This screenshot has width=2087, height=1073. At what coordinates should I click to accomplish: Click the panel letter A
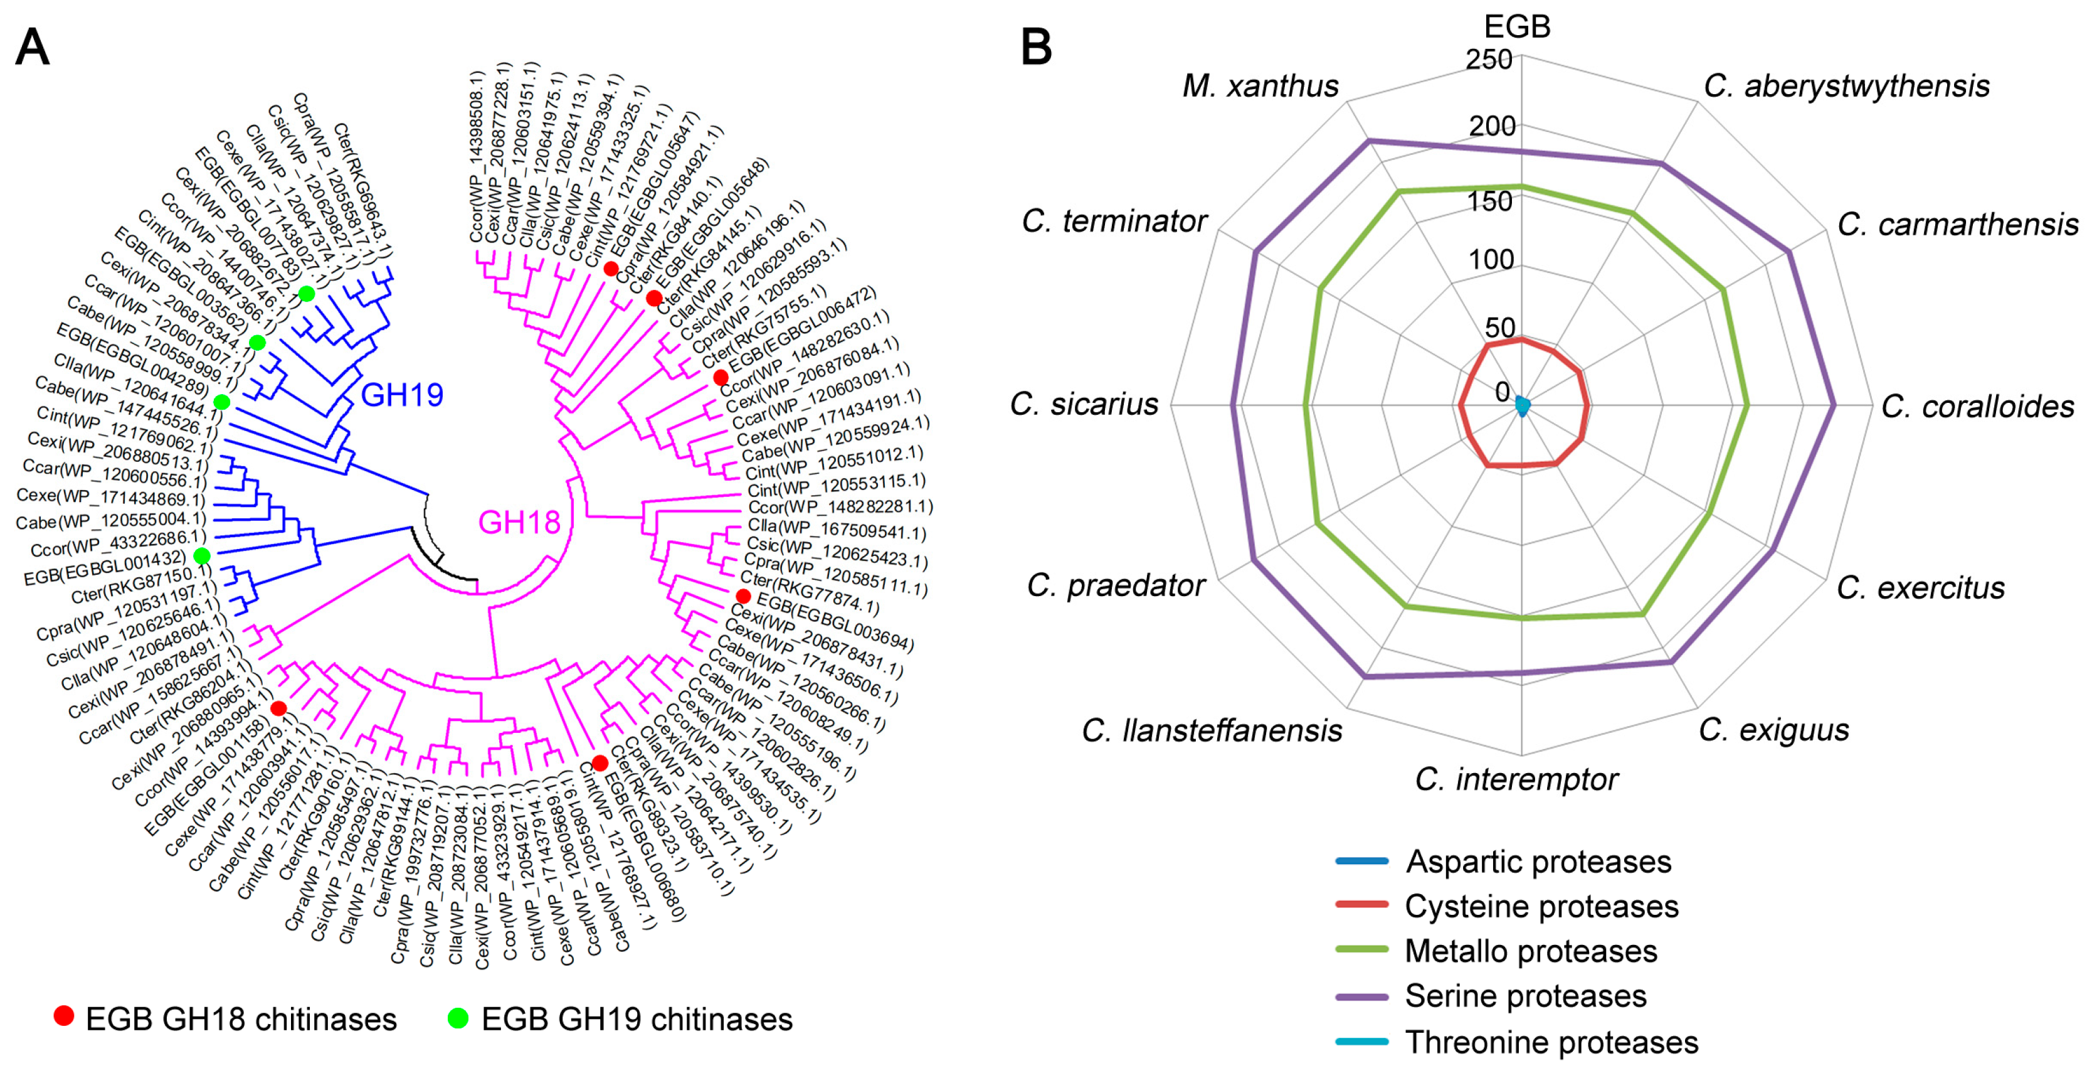33,47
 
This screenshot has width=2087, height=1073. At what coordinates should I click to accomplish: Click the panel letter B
1036,47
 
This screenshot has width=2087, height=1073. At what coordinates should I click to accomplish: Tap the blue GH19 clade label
402,395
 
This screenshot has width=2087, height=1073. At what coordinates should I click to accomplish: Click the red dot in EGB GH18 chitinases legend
63,1017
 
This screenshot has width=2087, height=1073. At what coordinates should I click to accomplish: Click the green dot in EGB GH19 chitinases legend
458,1018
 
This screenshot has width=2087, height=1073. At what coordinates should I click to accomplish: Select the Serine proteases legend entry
1524,996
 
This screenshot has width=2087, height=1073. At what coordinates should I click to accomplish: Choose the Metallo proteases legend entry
1530,951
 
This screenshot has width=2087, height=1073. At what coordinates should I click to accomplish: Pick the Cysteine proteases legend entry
1541,907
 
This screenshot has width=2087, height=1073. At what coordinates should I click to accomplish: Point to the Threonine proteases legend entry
1551,1042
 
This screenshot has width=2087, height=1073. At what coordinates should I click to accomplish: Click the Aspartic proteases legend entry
1538,862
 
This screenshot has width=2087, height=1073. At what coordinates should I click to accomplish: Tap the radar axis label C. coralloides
1977,406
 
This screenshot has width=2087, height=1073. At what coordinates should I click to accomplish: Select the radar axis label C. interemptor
1516,779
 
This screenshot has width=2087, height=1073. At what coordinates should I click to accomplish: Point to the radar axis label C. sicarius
1084,403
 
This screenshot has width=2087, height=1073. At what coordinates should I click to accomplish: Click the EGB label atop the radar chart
1516,27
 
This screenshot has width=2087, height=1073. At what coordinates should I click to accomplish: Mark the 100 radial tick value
1491,259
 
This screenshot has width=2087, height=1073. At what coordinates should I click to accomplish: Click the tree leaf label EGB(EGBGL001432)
105,567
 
